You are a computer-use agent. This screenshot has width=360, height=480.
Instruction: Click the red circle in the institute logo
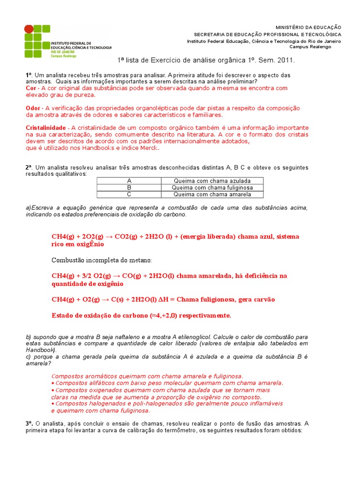click(x=29, y=29)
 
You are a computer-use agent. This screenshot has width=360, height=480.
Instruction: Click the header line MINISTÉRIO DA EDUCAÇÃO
click(x=315, y=28)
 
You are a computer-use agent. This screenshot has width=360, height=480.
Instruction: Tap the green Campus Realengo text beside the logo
click(x=64, y=56)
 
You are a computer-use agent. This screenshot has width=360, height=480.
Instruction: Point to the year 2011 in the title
click(x=285, y=60)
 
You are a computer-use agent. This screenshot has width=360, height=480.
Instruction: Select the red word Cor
click(x=31, y=88)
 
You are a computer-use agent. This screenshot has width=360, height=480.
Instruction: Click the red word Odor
click(x=33, y=108)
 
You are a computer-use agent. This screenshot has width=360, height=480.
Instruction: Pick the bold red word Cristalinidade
click(x=46, y=128)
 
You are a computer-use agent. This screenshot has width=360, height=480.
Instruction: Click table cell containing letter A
click(x=129, y=180)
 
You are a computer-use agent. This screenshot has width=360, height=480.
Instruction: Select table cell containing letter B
click(x=129, y=187)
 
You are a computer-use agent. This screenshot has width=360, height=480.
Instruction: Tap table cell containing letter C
click(x=129, y=195)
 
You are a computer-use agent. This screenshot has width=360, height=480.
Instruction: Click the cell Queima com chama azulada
click(x=212, y=180)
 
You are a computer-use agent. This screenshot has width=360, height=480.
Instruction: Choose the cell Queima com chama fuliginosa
click(x=212, y=187)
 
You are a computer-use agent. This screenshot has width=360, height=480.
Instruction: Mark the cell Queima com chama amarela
click(x=212, y=195)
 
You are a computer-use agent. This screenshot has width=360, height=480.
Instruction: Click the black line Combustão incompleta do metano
click(x=101, y=260)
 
